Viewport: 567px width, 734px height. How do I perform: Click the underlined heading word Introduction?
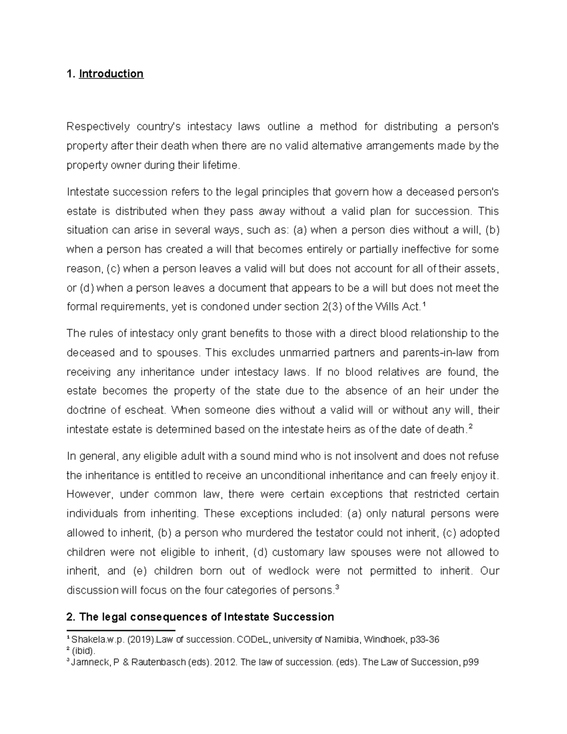coord(111,74)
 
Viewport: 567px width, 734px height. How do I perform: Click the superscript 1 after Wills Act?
coord(423,305)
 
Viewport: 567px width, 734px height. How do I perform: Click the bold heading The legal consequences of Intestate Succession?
coord(200,617)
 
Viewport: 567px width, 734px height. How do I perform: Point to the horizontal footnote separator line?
coord(121,630)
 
